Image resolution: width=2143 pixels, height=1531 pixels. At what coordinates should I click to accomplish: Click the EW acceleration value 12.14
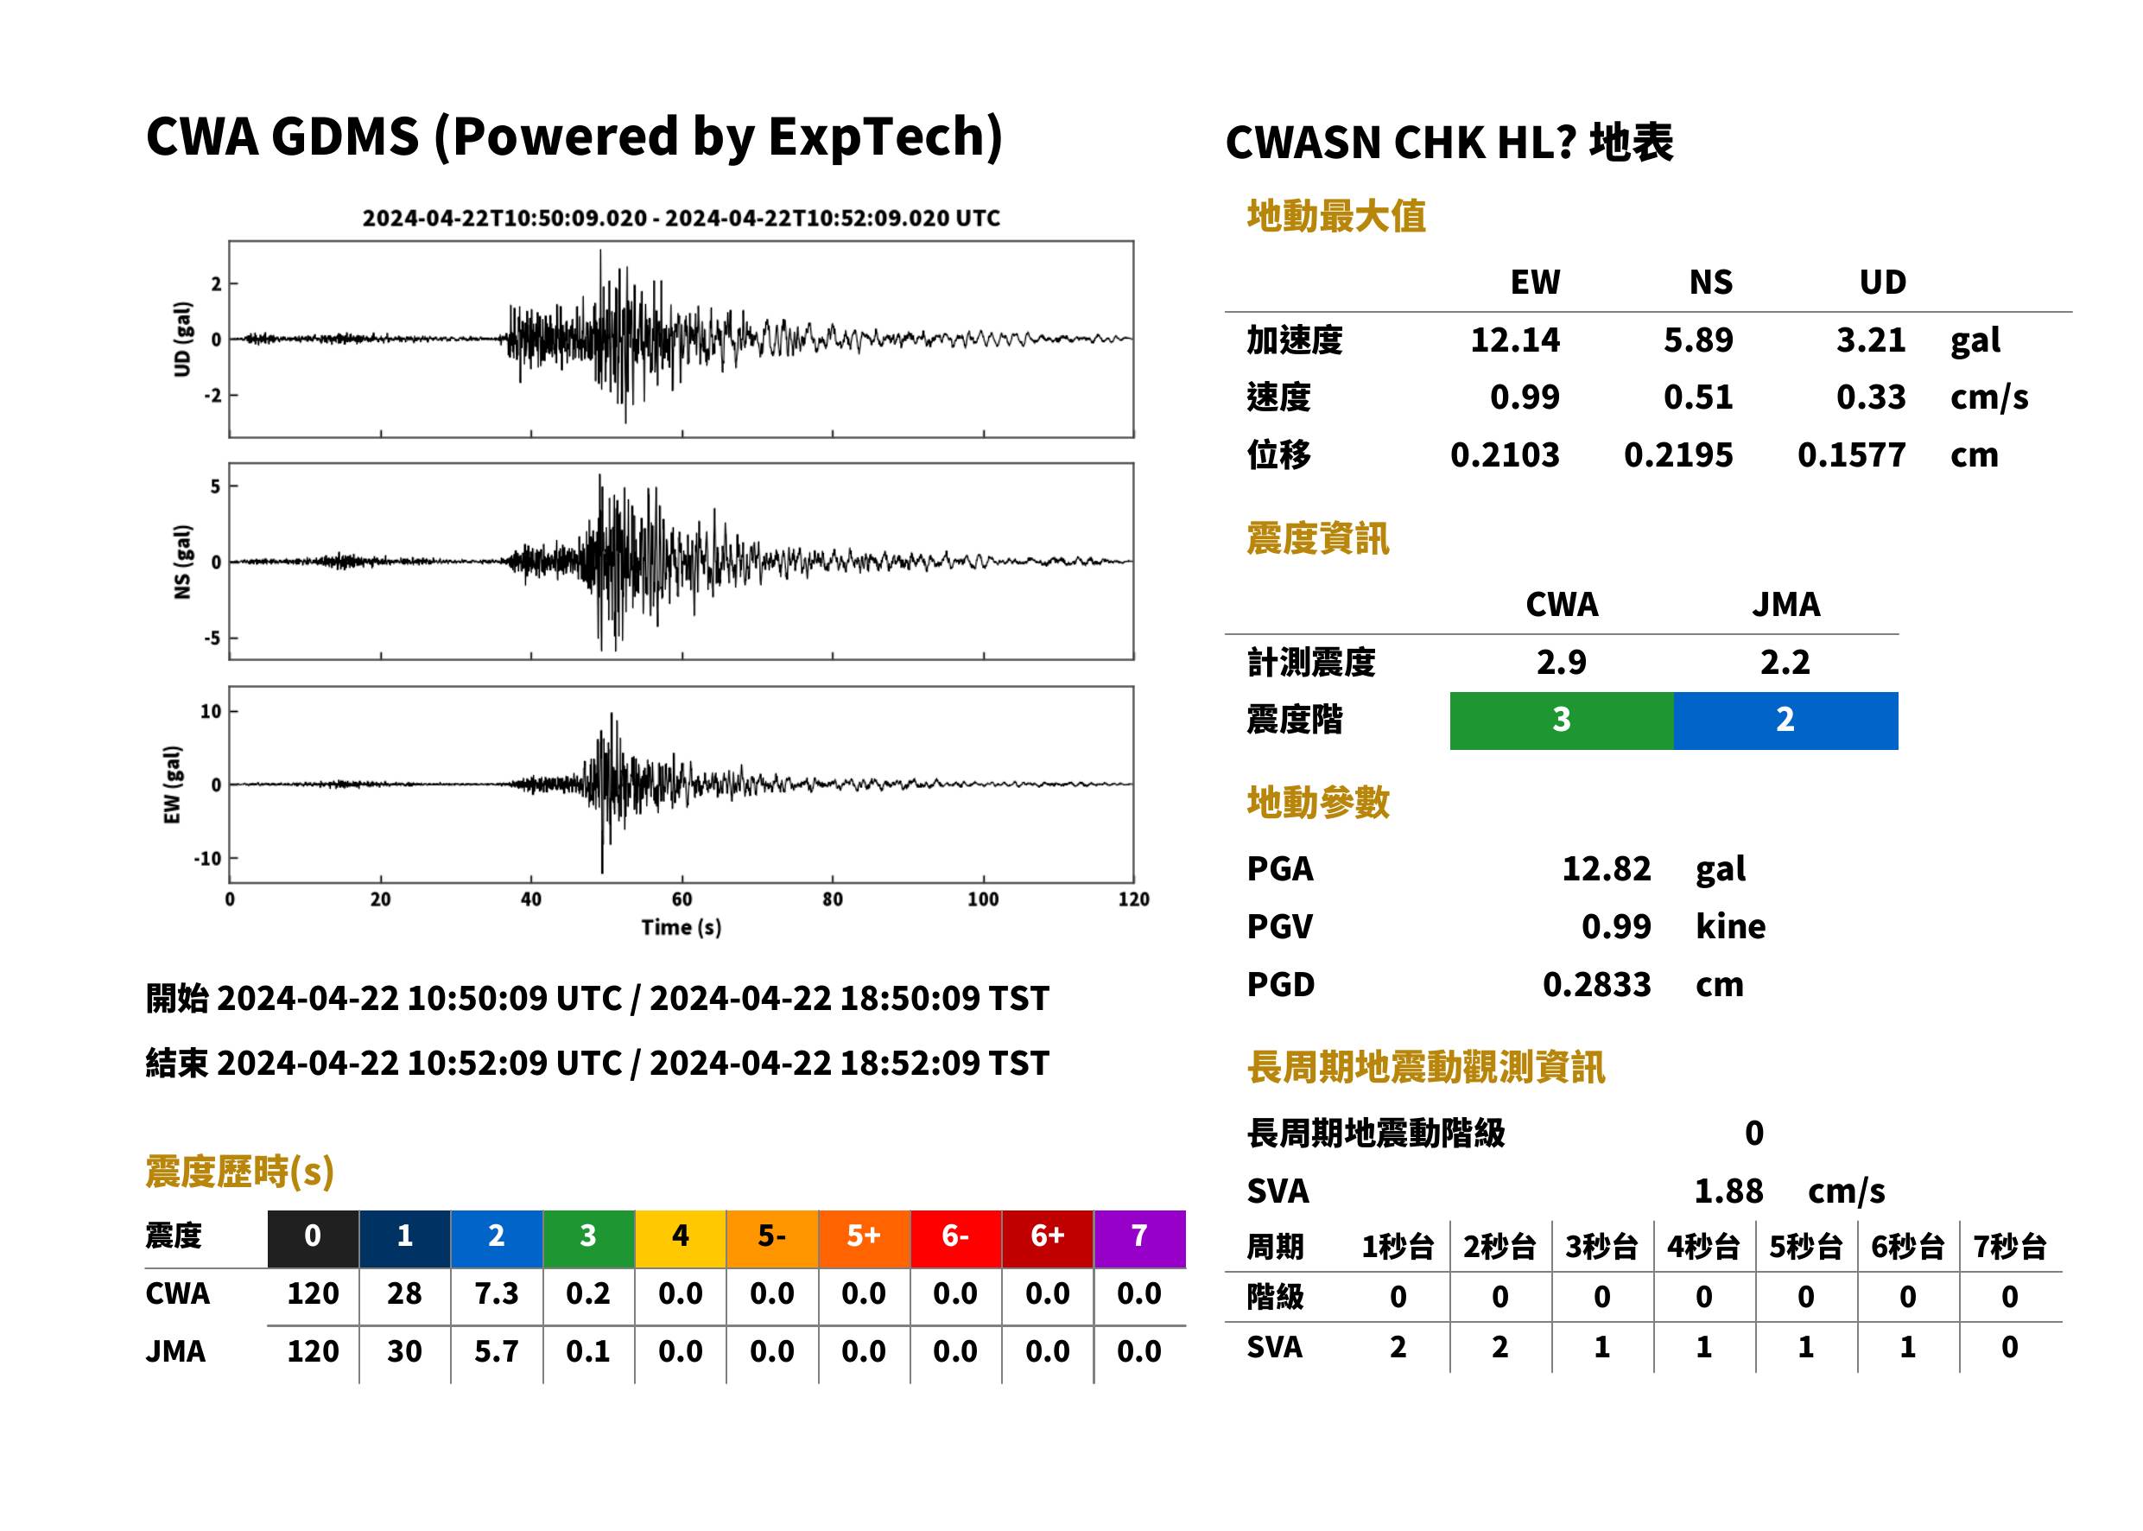click(x=1514, y=340)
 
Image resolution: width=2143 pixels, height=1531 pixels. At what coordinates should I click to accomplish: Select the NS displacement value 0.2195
click(x=1677, y=454)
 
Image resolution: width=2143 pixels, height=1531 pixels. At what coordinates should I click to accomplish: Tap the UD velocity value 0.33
click(x=1871, y=397)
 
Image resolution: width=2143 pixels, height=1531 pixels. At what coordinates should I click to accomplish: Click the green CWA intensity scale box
click(x=1562, y=721)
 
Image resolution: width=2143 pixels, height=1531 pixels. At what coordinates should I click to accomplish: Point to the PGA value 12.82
click(x=1606, y=868)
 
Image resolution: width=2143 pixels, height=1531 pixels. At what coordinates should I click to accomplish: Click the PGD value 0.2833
click(x=1596, y=984)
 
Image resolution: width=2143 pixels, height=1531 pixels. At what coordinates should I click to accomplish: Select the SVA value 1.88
click(x=1728, y=1191)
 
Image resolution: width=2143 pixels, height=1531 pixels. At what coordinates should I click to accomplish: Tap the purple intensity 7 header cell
click(x=1139, y=1238)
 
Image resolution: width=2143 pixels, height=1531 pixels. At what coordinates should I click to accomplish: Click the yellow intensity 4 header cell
click(x=681, y=1238)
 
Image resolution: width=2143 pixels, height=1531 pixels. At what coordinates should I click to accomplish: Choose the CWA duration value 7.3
click(x=497, y=1293)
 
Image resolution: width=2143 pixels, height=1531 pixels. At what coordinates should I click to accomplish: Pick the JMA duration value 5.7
click(x=497, y=1351)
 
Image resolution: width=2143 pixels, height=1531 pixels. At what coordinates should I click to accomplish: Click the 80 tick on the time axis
click(x=832, y=899)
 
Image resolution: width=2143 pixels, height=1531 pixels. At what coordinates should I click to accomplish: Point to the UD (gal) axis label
click(x=182, y=340)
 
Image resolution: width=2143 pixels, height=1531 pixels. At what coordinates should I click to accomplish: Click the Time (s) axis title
click(x=682, y=928)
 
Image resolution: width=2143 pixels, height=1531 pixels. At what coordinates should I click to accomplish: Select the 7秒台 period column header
click(x=2009, y=1246)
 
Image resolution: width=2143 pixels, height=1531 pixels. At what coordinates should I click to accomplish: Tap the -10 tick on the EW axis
click(x=208, y=859)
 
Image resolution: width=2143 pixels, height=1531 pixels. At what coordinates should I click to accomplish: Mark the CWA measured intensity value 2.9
click(x=1562, y=662)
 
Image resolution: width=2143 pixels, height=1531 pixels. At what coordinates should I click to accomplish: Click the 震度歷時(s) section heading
click(x=240, y=1172)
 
